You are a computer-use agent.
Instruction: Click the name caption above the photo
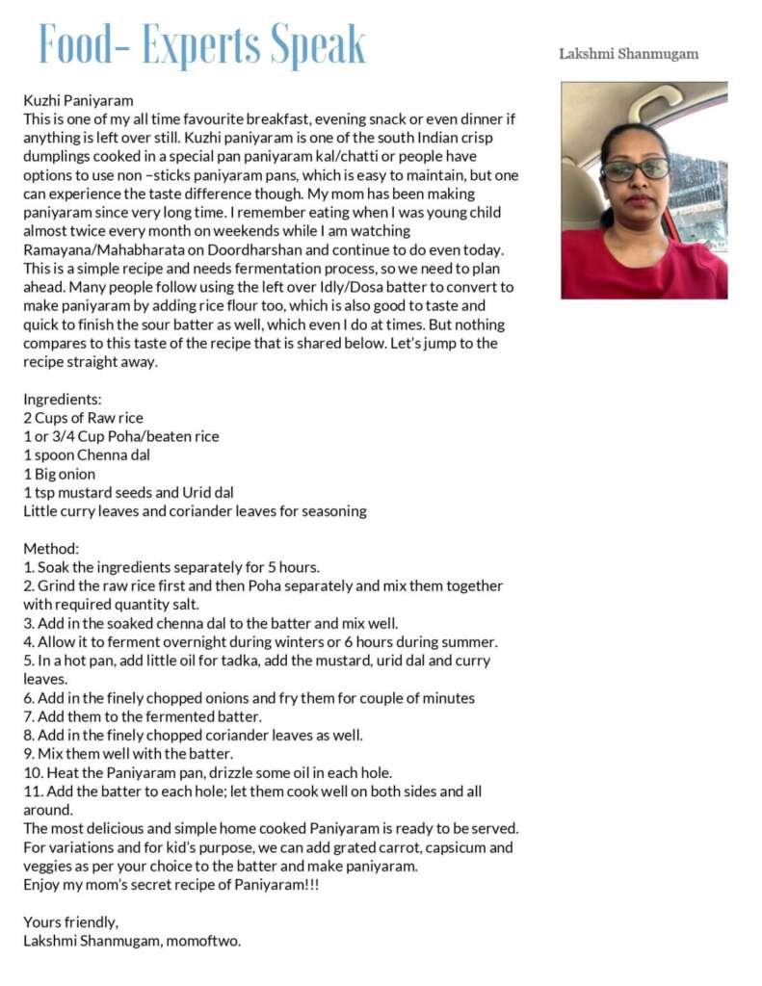coord(628,54)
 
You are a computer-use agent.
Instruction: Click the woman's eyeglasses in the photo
coord(636,169)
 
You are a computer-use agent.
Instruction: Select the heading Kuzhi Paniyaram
coord(78,100)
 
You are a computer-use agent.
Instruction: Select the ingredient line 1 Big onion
coord(59,474)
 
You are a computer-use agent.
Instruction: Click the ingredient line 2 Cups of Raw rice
coord(83,418)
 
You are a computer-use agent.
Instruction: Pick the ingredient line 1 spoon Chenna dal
coord(87,454)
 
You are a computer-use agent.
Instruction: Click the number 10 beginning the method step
coord(31,772)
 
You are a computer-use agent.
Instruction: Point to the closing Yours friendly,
coord(71,921)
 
